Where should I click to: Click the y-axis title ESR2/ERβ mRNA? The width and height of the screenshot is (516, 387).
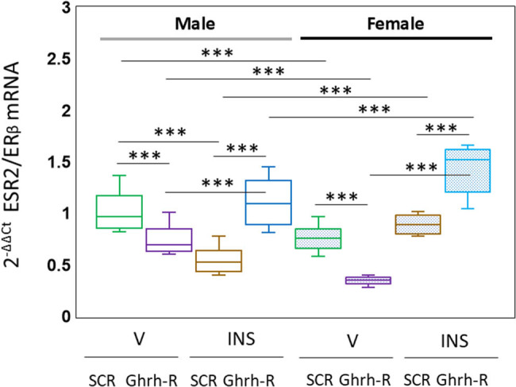point(24,167)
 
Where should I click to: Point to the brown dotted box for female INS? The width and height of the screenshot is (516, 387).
point(418,224)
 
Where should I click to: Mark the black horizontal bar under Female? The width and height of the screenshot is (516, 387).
point(395,37)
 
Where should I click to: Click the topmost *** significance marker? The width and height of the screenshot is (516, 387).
point(221,53)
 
